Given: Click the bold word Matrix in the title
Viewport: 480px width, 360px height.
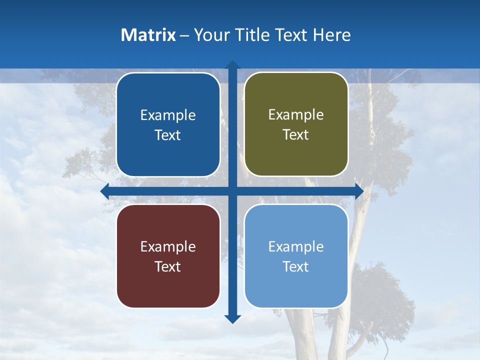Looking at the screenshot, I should (x=148, y=35).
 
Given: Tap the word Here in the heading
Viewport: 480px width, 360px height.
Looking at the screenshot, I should (x=332, y=35).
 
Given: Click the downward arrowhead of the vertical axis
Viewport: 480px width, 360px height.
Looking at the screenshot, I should (x=232, y=318).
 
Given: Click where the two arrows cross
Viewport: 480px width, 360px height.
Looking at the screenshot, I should (x=232, y=191).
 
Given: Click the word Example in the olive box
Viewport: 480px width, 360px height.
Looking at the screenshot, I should (x=296, y=115).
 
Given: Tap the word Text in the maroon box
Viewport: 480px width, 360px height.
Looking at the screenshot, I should (x=167, y=266).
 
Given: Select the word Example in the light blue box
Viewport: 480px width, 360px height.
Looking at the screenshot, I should (x=296, y=246).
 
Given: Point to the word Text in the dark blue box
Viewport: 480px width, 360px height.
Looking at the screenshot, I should (x=167, y=135).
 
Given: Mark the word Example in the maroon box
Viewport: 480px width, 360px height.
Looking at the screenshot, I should (x=168, y=246).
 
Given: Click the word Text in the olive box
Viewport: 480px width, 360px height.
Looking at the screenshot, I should (x=295, y=135).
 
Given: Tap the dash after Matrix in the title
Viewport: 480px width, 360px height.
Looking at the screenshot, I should (x=184, y=35).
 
